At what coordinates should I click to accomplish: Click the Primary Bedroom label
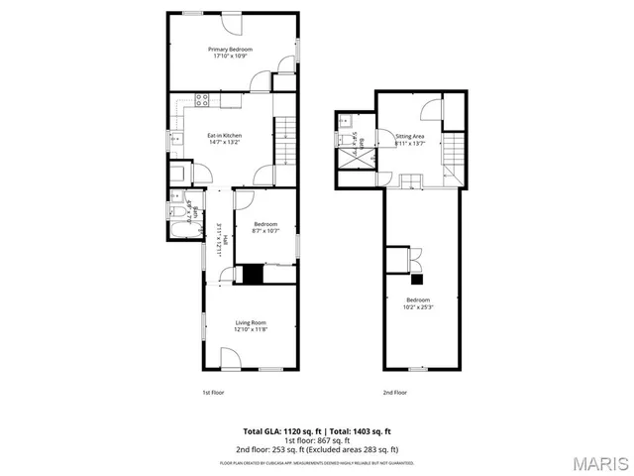point(230,49)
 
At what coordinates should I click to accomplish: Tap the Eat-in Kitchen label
point(224,135)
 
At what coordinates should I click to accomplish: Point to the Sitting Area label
point(410,136)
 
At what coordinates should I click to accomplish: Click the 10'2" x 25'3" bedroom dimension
point(418,306)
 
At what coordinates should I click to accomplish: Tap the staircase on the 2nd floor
point(452,152)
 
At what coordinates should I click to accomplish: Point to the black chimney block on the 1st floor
point(255,275)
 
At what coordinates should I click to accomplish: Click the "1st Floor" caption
point(213,393)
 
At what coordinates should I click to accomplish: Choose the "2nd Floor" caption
point(395,393)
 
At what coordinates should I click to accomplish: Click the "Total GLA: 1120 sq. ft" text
point(282,431)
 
